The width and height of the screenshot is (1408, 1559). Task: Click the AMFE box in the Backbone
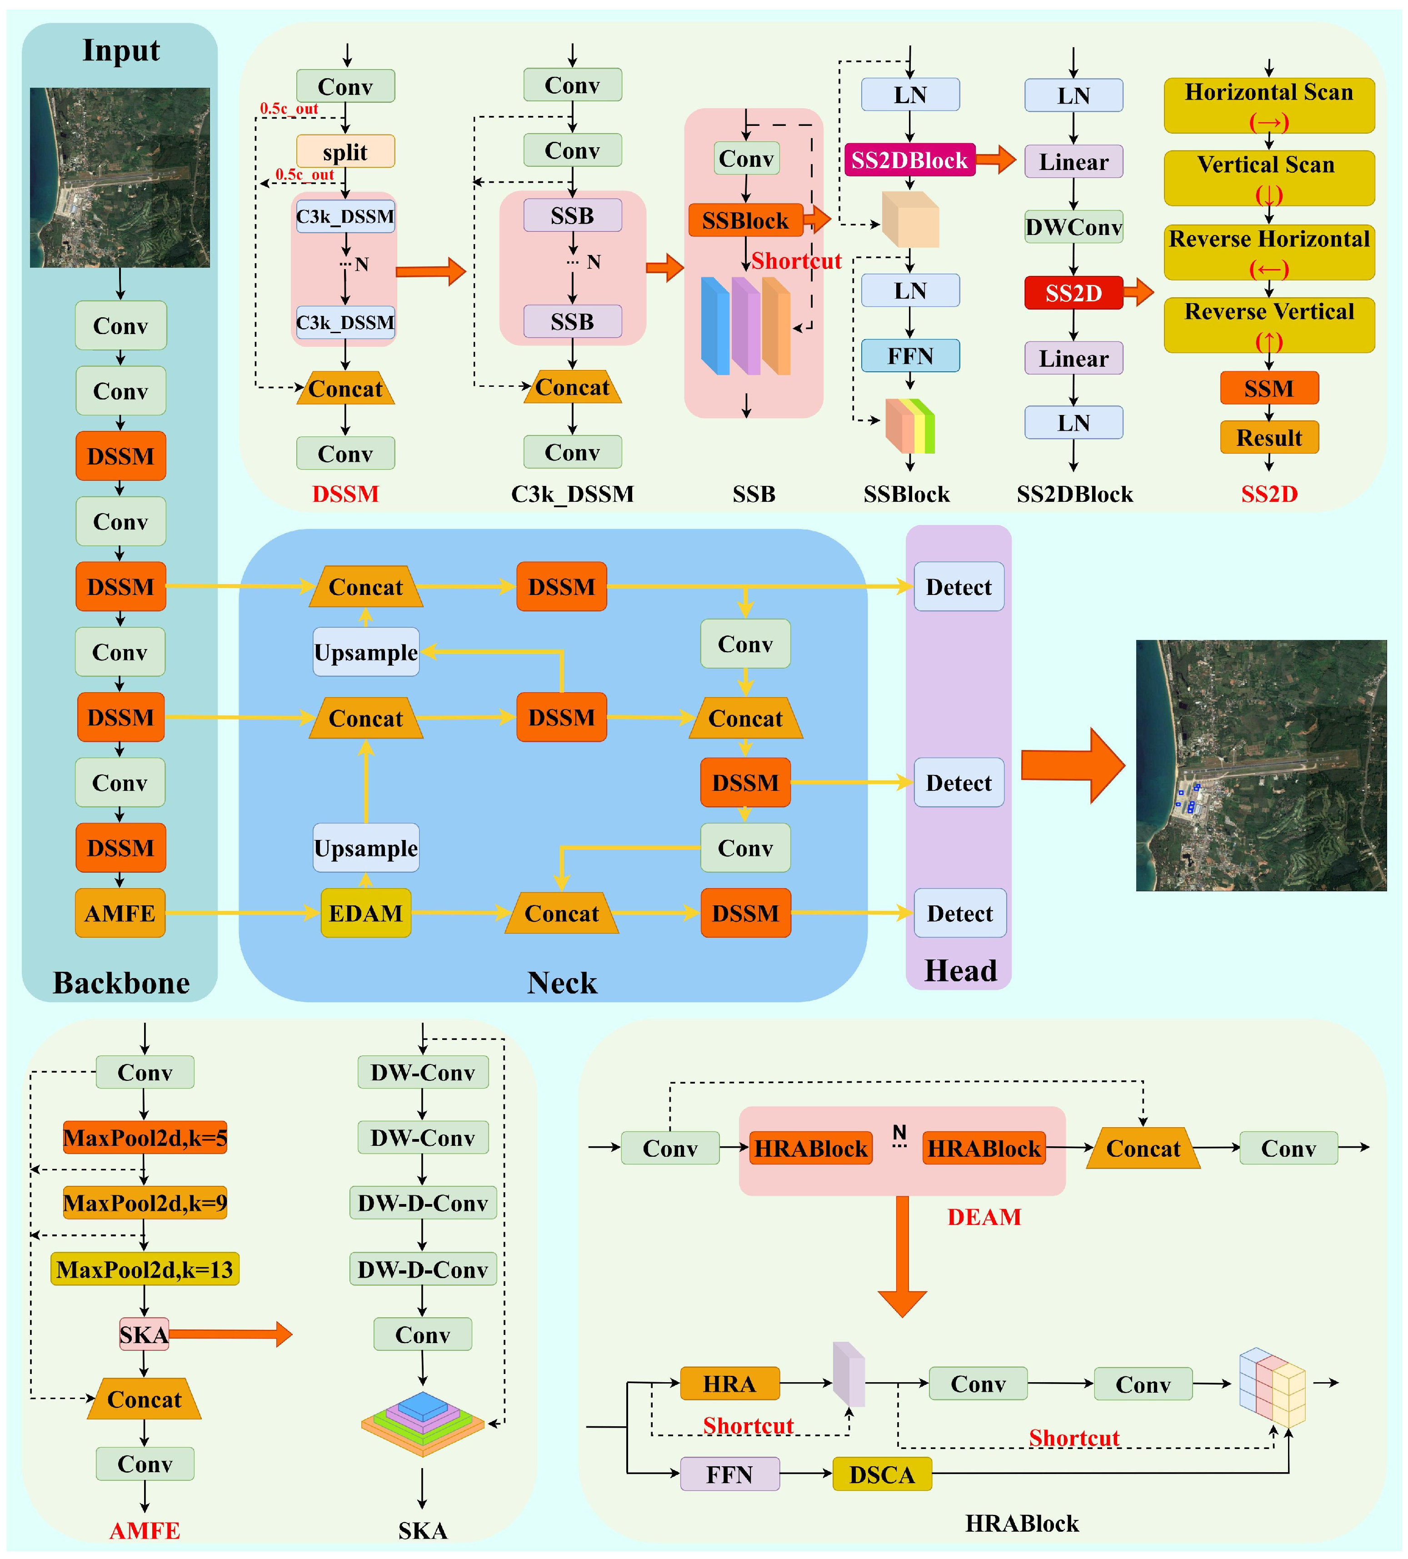(x=120, y=913)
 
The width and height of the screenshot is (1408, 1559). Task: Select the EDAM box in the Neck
(x=366, y=913)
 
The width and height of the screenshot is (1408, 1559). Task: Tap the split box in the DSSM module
(x=345, y=151)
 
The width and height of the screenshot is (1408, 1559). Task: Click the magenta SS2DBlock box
(x=909, y=160)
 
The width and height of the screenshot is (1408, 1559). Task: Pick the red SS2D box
(x=1073, y=293)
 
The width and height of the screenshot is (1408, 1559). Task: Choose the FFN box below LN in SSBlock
(x=910, y=356)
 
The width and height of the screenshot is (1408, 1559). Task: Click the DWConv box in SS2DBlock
(x=1073, y=227)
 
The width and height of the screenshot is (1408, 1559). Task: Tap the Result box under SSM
(x=1269, y=438)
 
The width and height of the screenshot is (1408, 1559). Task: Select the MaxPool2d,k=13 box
(x=145, y=1269)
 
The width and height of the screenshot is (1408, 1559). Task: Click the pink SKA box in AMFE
(x=144, y=1334)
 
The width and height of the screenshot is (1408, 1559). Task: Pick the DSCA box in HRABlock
(x=881, y=1474)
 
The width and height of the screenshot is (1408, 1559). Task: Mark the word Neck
(x=562, y=983)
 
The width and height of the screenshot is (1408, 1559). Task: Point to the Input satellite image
(x=120, y=177)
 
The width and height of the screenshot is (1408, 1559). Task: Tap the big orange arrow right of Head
(x=1073, y=765)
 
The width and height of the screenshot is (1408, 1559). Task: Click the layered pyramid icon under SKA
(x=422, y=1423)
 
